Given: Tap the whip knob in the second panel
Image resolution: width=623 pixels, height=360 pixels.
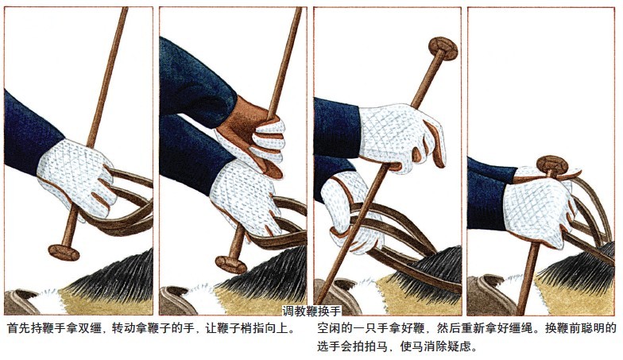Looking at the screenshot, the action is coord(230,264).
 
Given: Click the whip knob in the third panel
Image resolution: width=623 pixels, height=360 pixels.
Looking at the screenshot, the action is coord(443,48).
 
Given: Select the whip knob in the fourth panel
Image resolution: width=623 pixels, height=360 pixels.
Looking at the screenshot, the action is coord(551,165).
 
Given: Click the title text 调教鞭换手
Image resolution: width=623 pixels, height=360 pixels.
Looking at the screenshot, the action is coord(311,311).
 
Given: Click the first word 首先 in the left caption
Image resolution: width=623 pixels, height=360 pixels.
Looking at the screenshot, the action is coord(17,329).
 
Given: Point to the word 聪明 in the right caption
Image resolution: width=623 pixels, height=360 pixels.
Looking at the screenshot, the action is coord(592,329).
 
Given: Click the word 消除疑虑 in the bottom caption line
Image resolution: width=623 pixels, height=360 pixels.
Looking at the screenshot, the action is coord(454,346).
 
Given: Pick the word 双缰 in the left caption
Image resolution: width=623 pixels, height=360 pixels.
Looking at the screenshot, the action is coord(87,329).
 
